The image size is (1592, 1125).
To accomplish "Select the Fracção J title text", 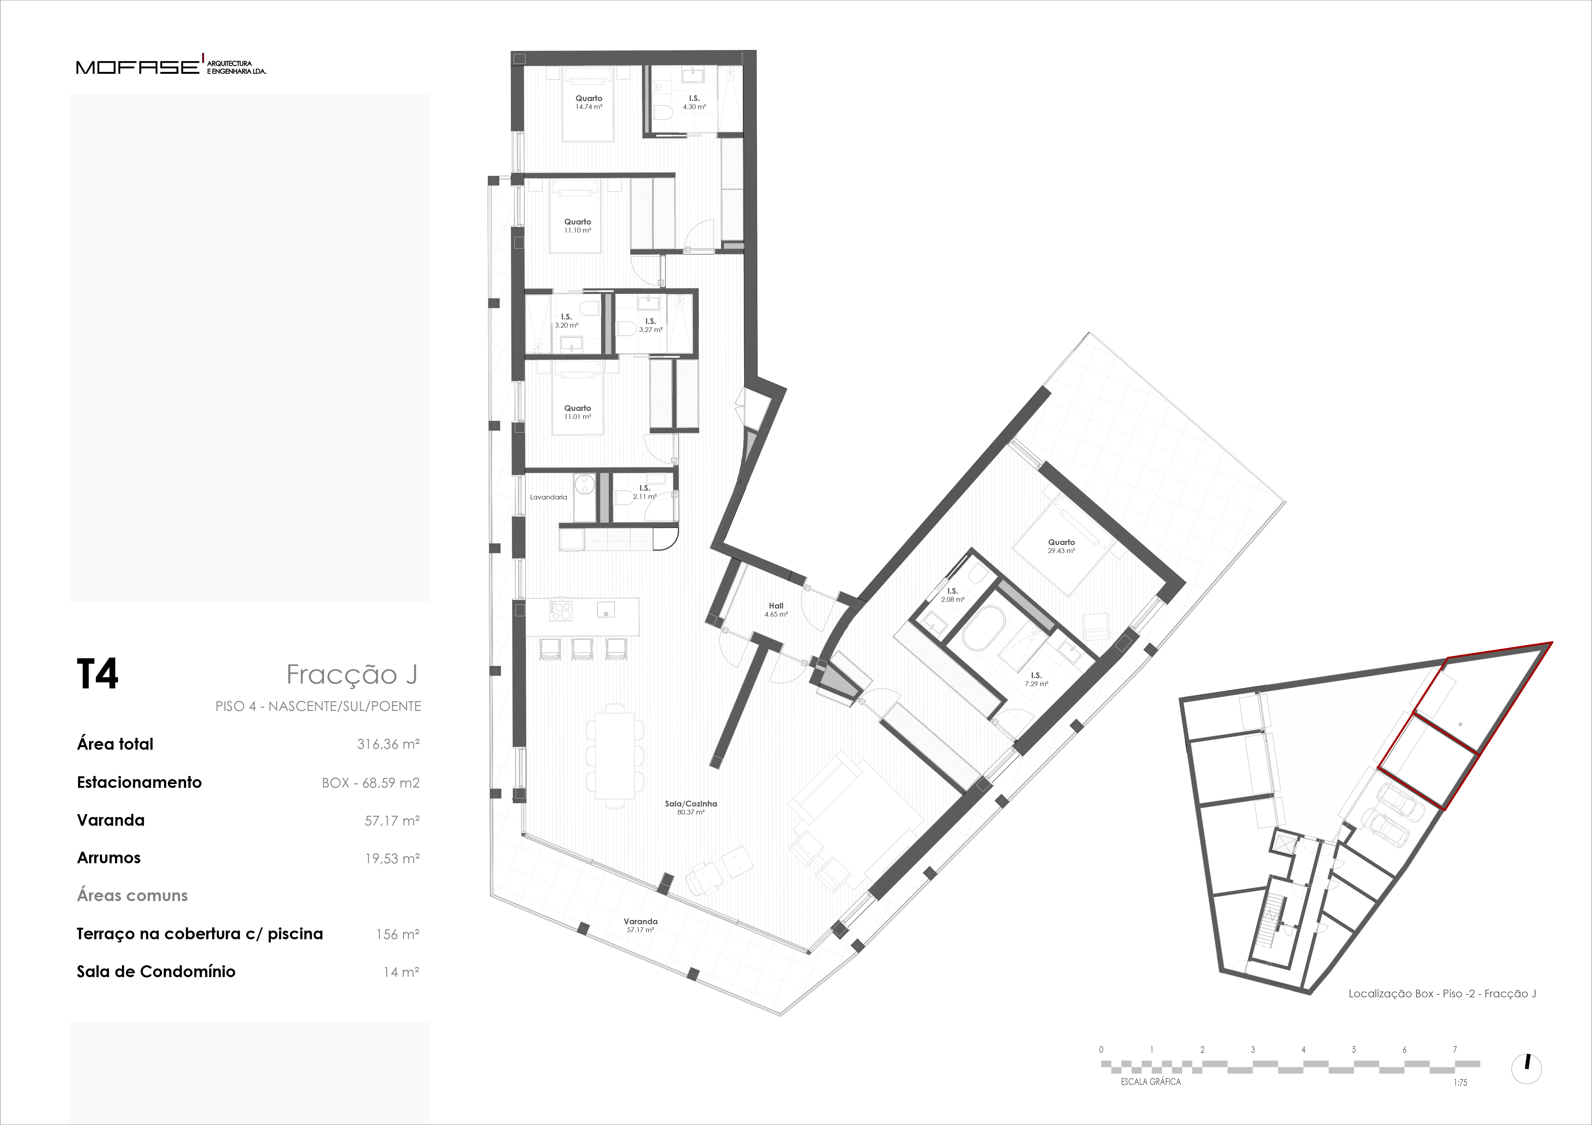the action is point(351,674).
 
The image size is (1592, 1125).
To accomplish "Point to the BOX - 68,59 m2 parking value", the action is point(371,783).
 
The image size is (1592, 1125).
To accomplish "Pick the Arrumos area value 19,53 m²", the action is point(392,858).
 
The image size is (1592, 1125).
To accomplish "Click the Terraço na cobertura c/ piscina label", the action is point(200,934).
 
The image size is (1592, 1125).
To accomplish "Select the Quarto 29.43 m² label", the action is point(1061,546).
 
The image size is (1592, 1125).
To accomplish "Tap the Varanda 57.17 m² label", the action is point(640,925).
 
